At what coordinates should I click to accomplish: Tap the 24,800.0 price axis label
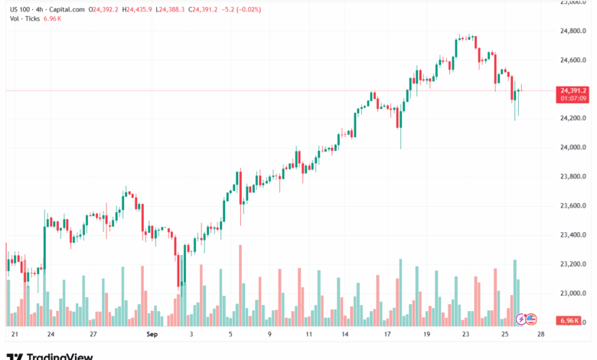(573, 31)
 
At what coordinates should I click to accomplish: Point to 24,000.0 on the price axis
(573, 148)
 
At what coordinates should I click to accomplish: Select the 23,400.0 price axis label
(573, 235)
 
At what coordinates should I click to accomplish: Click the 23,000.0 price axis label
(573, 293)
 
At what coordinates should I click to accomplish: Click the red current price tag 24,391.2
(573, 90)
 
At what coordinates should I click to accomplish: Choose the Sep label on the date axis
(152, 335)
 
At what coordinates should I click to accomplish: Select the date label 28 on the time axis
(540, 335)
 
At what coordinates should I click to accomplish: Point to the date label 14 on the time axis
(345, 335)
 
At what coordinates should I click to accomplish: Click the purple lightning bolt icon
(522, 319)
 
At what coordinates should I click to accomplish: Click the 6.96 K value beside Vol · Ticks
(52, 18)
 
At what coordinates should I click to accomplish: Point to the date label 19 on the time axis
(426, 335)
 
